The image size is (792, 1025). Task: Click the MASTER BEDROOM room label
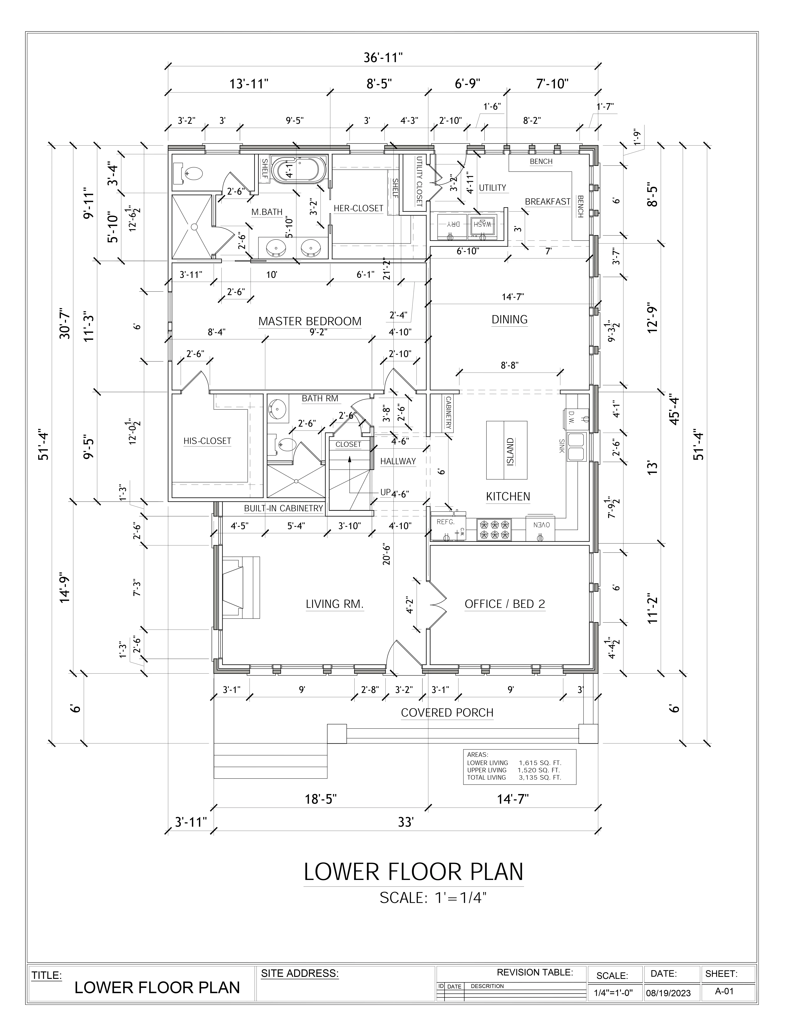click(x=310, y=321)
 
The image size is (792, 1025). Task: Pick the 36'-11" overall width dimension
click(x=383, y=58)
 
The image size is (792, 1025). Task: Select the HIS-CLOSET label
click(x=207, y=441)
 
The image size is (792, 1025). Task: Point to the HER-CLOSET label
click(x=358, y=208)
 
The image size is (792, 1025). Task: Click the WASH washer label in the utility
click(x=482, y=224)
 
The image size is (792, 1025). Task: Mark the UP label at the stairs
click(x=385, y=492)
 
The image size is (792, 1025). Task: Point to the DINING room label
click(x=510, y=320)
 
